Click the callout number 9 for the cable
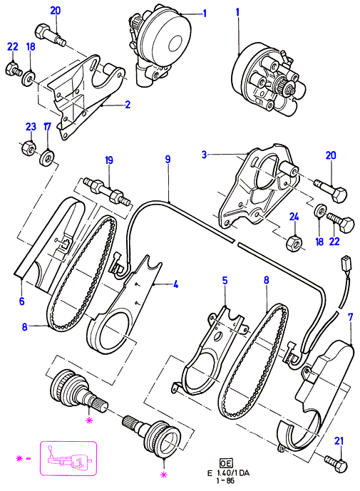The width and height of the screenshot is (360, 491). click(x=168, y=159)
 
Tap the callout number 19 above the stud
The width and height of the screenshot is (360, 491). click(x=109, y=160)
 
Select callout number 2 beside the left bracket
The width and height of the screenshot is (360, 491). click(x=127, y=104)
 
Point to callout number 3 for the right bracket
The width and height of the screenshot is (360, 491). click(x=205, y=155)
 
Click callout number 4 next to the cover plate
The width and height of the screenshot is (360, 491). click(x=176, y=284)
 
